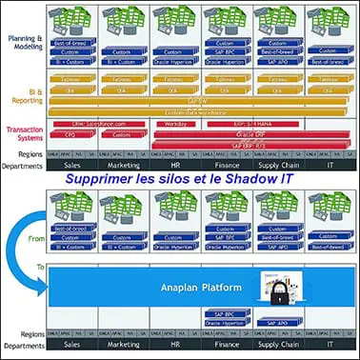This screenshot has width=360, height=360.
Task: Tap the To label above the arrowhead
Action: coord(40,268)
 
